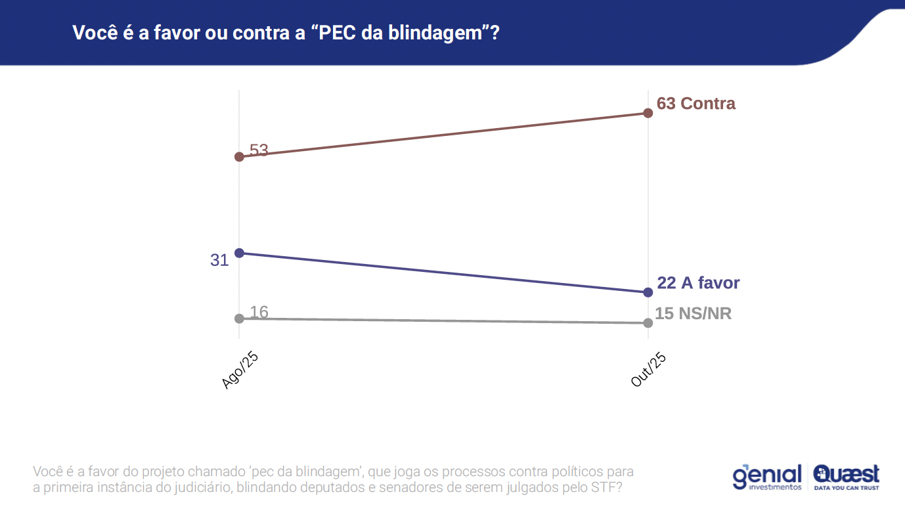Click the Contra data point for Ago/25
[239, 157]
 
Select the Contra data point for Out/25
[648, 113]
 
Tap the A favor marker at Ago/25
[239, 253]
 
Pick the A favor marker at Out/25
[648, 292]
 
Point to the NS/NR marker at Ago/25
[239, 319]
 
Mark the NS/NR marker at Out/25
[648, 322]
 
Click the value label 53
[259, 150]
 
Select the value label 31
[219, 260]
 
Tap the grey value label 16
[259, 312]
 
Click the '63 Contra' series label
[696, 103]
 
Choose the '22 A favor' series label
[698, 282]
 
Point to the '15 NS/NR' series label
[694, 313]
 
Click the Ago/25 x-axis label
[240, 370]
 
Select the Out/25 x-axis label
[648, 368]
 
